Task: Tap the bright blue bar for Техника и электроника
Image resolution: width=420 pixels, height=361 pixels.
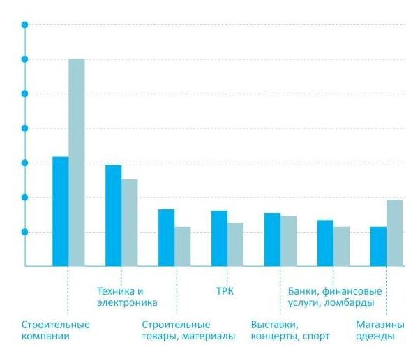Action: coord(114,215)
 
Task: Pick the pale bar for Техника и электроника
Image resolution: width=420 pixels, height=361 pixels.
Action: coord(130,222)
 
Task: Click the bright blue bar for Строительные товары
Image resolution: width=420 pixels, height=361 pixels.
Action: coord(167,237)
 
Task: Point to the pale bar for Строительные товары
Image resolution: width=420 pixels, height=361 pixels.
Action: coord(183,246)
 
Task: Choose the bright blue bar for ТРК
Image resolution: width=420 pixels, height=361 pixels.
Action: coord(220,238)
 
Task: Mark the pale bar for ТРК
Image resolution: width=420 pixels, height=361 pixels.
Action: coord(236,244)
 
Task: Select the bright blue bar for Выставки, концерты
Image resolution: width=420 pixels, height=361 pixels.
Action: coord(273,239)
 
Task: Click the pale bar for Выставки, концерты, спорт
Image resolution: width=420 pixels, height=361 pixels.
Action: coord(289,240)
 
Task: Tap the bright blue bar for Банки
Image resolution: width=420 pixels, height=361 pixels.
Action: coord(326,242)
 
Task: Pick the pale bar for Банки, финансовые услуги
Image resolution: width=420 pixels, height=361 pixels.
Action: coord(342,246)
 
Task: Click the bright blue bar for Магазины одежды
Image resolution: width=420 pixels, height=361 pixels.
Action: coord(379,246)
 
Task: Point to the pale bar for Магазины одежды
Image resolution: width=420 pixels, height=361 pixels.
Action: coord(395,233)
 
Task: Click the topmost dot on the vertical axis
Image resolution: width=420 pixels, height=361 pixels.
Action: coord(25,25)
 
